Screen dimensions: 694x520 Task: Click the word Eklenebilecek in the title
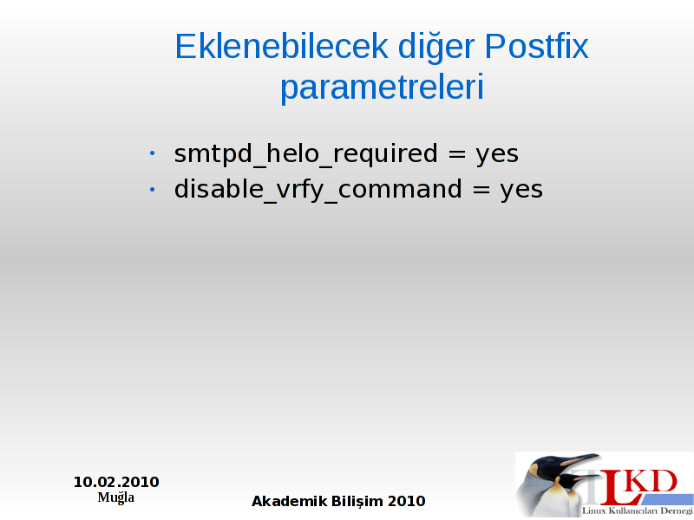[x=282, y=46]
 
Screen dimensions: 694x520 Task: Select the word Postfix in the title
[x=536, y=46]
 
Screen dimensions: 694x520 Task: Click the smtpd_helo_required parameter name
[x=306, y=154]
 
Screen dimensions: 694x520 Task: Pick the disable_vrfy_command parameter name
[x=318, y=190]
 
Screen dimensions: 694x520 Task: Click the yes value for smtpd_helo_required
[x=497, y=156]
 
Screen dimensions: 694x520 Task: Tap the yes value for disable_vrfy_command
[x=521, y=192]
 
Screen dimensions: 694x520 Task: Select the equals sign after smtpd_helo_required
[x=457, y=154]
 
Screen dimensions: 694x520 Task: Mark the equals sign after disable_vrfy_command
[x=481, y=190]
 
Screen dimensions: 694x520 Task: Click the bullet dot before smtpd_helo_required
[x=153, y=153]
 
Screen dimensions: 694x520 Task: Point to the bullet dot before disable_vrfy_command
[x=153, y=189]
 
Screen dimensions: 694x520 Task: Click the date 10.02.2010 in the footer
[x=116, y=482]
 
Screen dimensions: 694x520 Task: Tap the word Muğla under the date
[x=116, y=497]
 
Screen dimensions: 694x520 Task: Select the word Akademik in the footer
[x=289, y=502]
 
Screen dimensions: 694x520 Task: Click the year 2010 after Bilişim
[x=407, y=502]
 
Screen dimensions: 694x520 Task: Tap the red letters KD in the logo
[x=653, y=482]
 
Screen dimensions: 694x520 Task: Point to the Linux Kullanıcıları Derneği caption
[x=638, y=511]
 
